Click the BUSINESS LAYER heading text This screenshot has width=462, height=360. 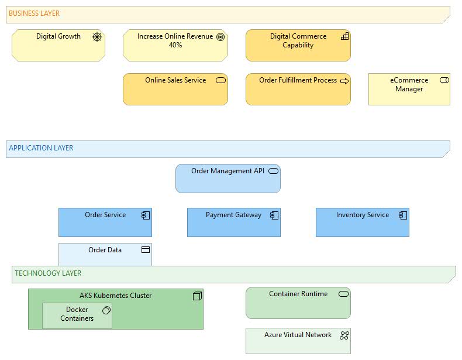coord(34,13)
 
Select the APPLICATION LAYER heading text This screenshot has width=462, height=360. coord(41,148)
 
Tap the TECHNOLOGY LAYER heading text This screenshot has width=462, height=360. coord(48,273)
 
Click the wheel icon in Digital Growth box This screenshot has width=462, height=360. coord(97,37)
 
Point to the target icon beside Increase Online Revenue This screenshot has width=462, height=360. coord(220,37)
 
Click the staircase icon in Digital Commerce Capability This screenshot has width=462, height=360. coord(344,36)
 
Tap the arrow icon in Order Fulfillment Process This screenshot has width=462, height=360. coord(344,81)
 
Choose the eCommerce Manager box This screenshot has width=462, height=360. coord(409,89)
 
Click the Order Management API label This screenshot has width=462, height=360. coord(227,171)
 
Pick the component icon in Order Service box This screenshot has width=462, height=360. coord(146,215)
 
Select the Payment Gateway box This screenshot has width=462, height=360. coord(233,222)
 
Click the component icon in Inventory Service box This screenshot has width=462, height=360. coord(402,215)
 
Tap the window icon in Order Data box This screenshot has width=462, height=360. coord(146,250)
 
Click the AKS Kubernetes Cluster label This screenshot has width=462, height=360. coord(115,296)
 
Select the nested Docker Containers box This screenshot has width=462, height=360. coord(77,316)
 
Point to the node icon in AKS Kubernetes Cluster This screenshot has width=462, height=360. coord(197,296)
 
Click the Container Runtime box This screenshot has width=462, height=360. coord(298,303)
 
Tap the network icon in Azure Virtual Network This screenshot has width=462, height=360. coord(344,335)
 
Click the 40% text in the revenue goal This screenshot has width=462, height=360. coord(175,45)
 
